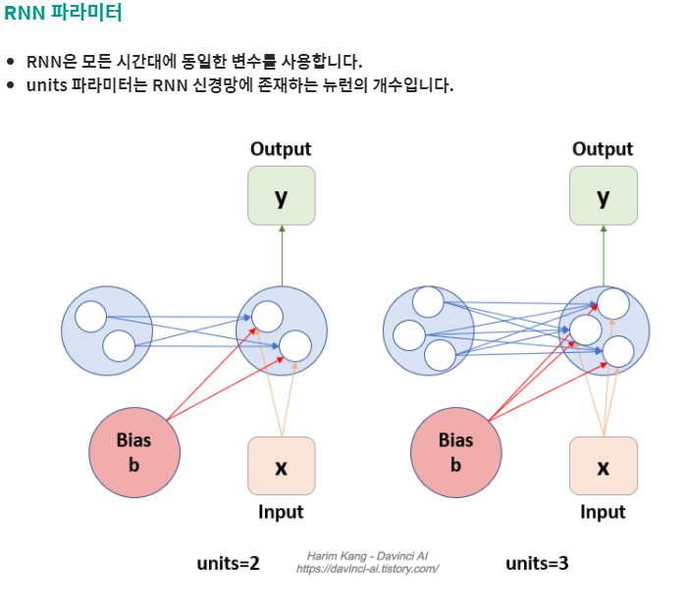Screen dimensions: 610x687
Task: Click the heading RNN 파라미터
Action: (x=64, y=14)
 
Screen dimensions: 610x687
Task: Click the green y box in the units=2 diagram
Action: (x=282, y=196)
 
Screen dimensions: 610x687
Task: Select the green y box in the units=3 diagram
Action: (x=604, y=196)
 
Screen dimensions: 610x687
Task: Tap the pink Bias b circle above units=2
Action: (x=134, y=453)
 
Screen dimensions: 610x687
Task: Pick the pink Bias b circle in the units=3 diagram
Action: (x=456, y=453)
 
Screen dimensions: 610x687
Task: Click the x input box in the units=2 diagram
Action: (x=282, y=466)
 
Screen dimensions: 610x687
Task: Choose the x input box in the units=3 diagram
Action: (x=604, y=466)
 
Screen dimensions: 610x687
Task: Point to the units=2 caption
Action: (x=228, y=563)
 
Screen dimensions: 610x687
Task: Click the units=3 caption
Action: (x=537, y=563)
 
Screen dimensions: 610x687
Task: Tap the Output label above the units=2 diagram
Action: (x=281, y=149)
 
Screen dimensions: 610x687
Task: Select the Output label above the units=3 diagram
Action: (x=603, y=149)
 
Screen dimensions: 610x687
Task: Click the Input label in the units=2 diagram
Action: (x=281, y=512)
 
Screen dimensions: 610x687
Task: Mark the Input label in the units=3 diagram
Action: (x=603, y=512)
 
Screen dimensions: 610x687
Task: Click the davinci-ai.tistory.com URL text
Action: (x=367, y=569)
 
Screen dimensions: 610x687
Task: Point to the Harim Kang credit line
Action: (x=367, y=556)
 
